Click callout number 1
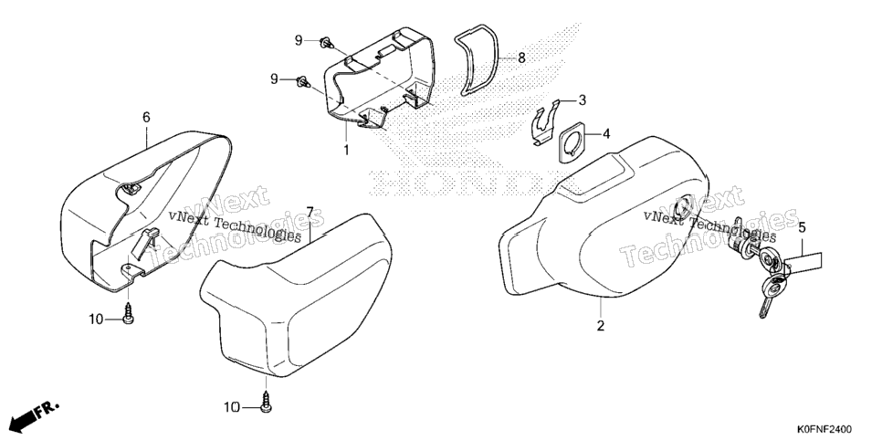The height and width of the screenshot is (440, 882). tap(347, 151)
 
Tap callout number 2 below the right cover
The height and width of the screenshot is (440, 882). tap(600, 326)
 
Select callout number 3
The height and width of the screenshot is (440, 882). tap(583, 100)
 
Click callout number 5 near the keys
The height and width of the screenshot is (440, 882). tap(803, 228)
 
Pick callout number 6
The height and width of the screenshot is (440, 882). tap(146, 117)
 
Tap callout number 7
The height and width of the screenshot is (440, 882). tap(310, 212)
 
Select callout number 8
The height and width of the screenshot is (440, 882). tap(521, 57)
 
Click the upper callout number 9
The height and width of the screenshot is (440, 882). tap(299, 40)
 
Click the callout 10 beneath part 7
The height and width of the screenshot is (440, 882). tap(232, 407)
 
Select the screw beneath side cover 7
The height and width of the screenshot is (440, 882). tap(266, 402)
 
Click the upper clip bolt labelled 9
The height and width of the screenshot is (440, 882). tap(326, 43)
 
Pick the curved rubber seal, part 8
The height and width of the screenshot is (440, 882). tap(478, 59)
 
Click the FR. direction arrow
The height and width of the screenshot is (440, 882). tap(35, 417)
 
